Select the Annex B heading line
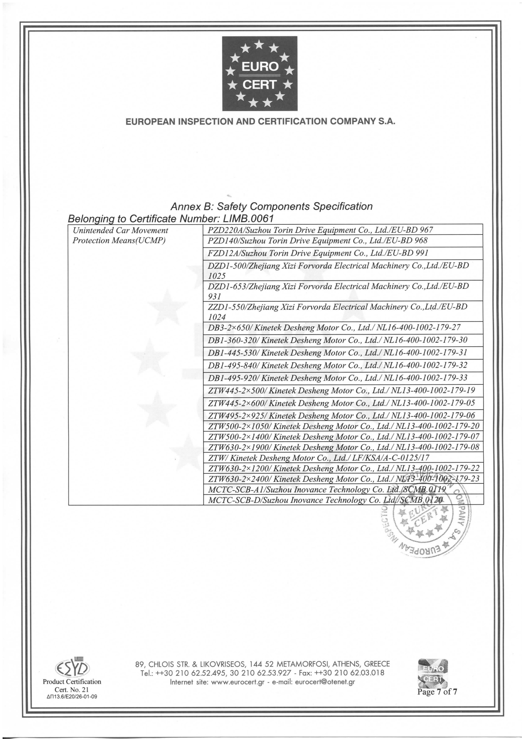(x=271, y=206)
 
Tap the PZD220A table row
(x=320, y=230)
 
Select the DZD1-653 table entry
(x=338, y=291)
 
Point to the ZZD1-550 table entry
(x=337, y=311)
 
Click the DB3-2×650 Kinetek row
(x=334, y=328)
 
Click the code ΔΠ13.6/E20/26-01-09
(x=72, y=697)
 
